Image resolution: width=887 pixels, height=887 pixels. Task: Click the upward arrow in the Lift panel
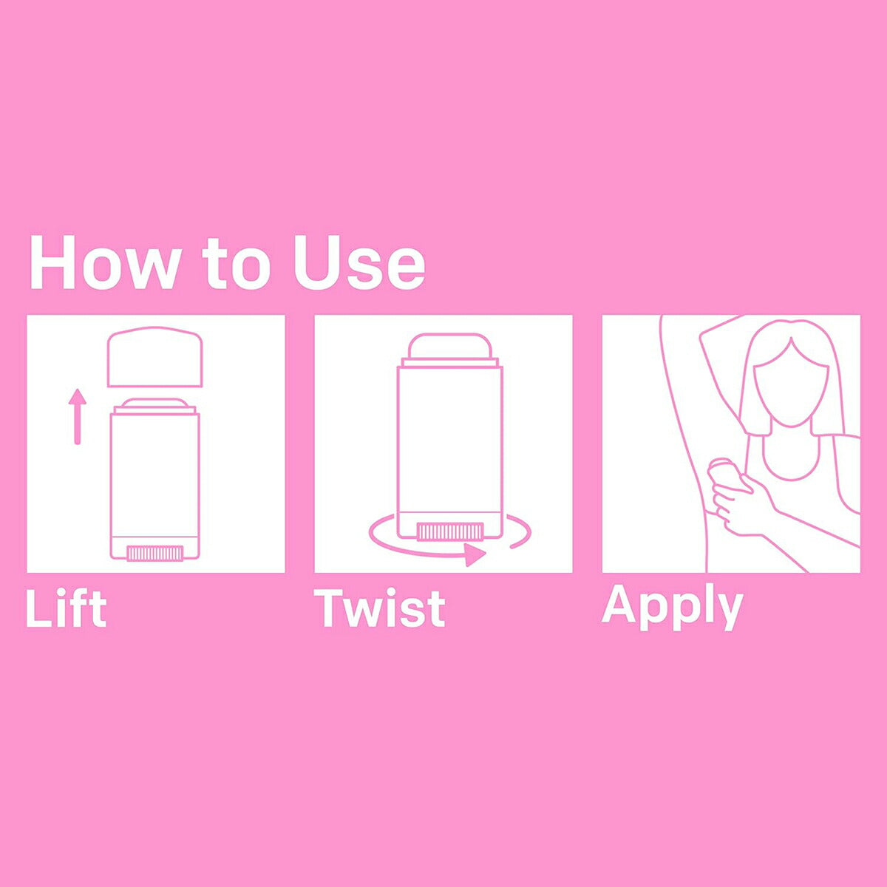78,416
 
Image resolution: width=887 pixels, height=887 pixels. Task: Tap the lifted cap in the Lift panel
154,357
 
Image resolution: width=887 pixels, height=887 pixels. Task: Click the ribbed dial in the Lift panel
154,553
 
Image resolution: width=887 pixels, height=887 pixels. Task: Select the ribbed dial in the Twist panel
450,531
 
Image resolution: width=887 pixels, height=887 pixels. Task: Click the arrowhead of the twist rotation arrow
475,554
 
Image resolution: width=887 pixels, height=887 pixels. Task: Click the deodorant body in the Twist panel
449,451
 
